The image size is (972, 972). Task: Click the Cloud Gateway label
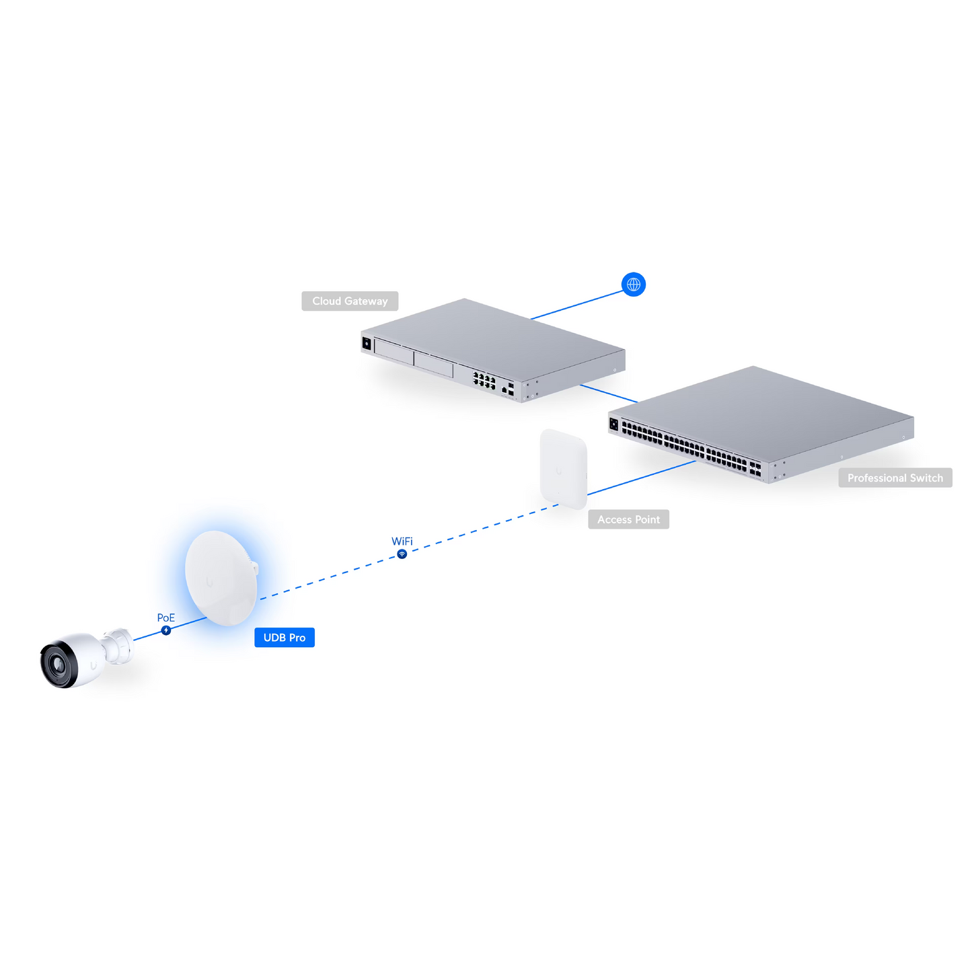point(350,301)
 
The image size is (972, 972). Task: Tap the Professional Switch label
point(895,477)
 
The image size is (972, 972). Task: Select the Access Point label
point(628,519)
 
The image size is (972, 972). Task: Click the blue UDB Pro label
point(284,637)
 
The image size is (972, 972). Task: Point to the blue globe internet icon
point(633,285)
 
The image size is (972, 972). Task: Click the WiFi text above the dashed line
point(402,541)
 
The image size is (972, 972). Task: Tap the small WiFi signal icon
point(402,554)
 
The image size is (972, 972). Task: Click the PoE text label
point(166,618)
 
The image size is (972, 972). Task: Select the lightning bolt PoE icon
point(166,630)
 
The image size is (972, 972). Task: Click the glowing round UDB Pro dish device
point(221,578)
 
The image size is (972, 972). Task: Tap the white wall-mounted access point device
point(564,469)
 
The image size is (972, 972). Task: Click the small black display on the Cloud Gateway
point(367,344)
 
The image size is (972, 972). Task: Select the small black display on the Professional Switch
point(613,424)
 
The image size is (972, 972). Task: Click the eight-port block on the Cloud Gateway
point(484,380)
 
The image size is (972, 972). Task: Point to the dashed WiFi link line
point(409,552)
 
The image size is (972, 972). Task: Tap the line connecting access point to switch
point(642,478)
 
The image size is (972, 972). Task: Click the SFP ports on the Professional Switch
point(755,469)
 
